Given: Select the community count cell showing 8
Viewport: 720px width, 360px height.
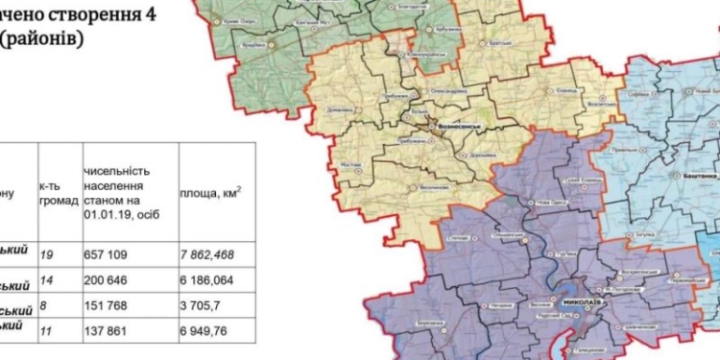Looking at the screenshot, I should (43, 309).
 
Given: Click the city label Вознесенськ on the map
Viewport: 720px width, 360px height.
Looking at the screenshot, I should (457, 126).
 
